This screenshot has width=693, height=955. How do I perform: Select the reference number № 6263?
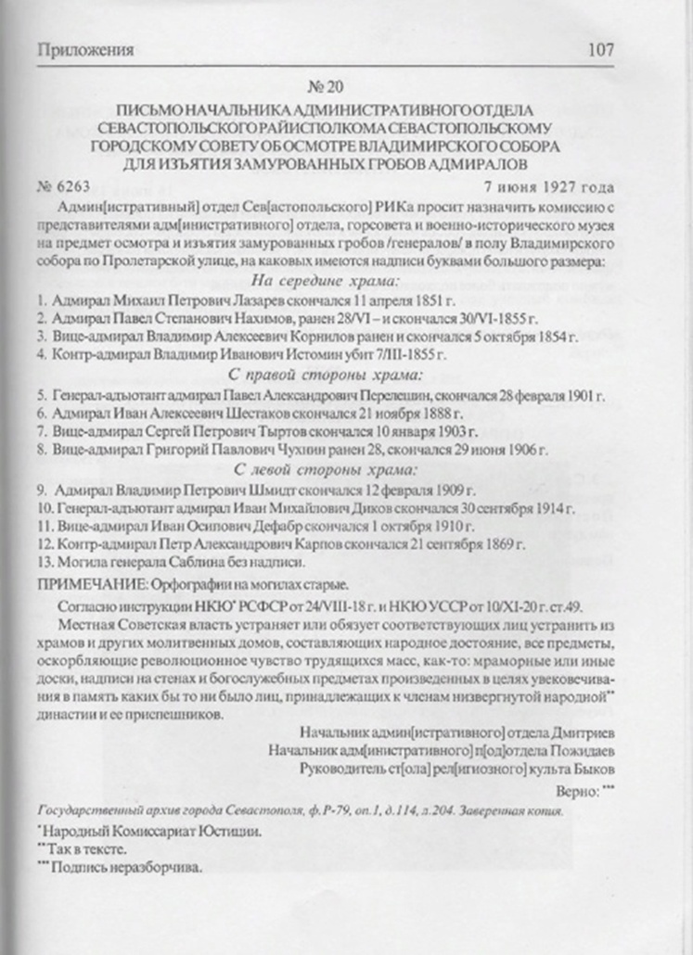(60, 185)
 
